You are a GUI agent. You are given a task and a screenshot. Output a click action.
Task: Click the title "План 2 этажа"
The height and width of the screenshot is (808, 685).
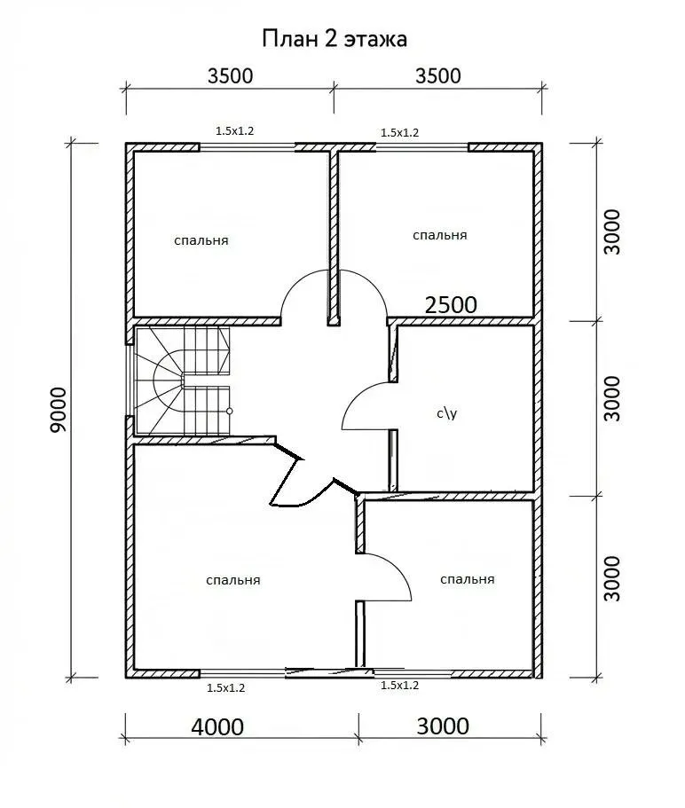coord(335,39)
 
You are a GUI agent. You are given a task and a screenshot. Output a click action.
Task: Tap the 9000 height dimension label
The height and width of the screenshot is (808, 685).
coord(59,410)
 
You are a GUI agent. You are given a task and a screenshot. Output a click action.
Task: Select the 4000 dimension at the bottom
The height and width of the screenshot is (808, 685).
coord(217,727)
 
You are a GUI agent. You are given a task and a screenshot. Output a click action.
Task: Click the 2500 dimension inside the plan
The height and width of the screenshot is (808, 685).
coord(451,305)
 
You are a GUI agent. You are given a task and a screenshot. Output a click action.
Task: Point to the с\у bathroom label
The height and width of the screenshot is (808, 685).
coord(447,413)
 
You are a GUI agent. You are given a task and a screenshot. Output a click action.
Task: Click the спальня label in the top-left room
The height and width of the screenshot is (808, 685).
coord(201,240)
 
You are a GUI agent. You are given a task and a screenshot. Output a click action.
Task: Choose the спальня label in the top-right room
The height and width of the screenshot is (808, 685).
coord(439,235)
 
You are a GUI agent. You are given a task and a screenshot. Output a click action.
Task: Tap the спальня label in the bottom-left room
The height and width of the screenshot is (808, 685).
coord(233,580)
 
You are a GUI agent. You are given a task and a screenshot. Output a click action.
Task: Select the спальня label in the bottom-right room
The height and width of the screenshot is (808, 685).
coord(467,579)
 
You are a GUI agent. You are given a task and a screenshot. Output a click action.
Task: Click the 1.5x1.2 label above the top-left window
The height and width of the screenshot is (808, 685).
coord(234,131)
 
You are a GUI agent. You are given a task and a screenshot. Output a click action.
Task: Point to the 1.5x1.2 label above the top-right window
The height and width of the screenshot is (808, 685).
coord(399,132)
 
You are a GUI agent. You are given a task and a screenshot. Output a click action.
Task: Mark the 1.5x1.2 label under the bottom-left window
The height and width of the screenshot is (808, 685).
coord(225,688)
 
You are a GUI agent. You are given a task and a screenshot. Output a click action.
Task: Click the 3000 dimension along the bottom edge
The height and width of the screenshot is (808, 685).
coord(443,726)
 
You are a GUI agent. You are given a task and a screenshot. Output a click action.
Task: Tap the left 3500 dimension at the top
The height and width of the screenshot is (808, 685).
coord(231,76)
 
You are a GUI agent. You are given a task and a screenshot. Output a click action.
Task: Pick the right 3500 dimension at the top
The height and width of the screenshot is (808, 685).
coord(438,76)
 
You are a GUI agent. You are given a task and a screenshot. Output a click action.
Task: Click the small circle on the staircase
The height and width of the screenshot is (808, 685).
coord(229,412)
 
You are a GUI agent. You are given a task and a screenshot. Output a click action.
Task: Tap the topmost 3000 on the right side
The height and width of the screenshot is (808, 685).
coord(612,231)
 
